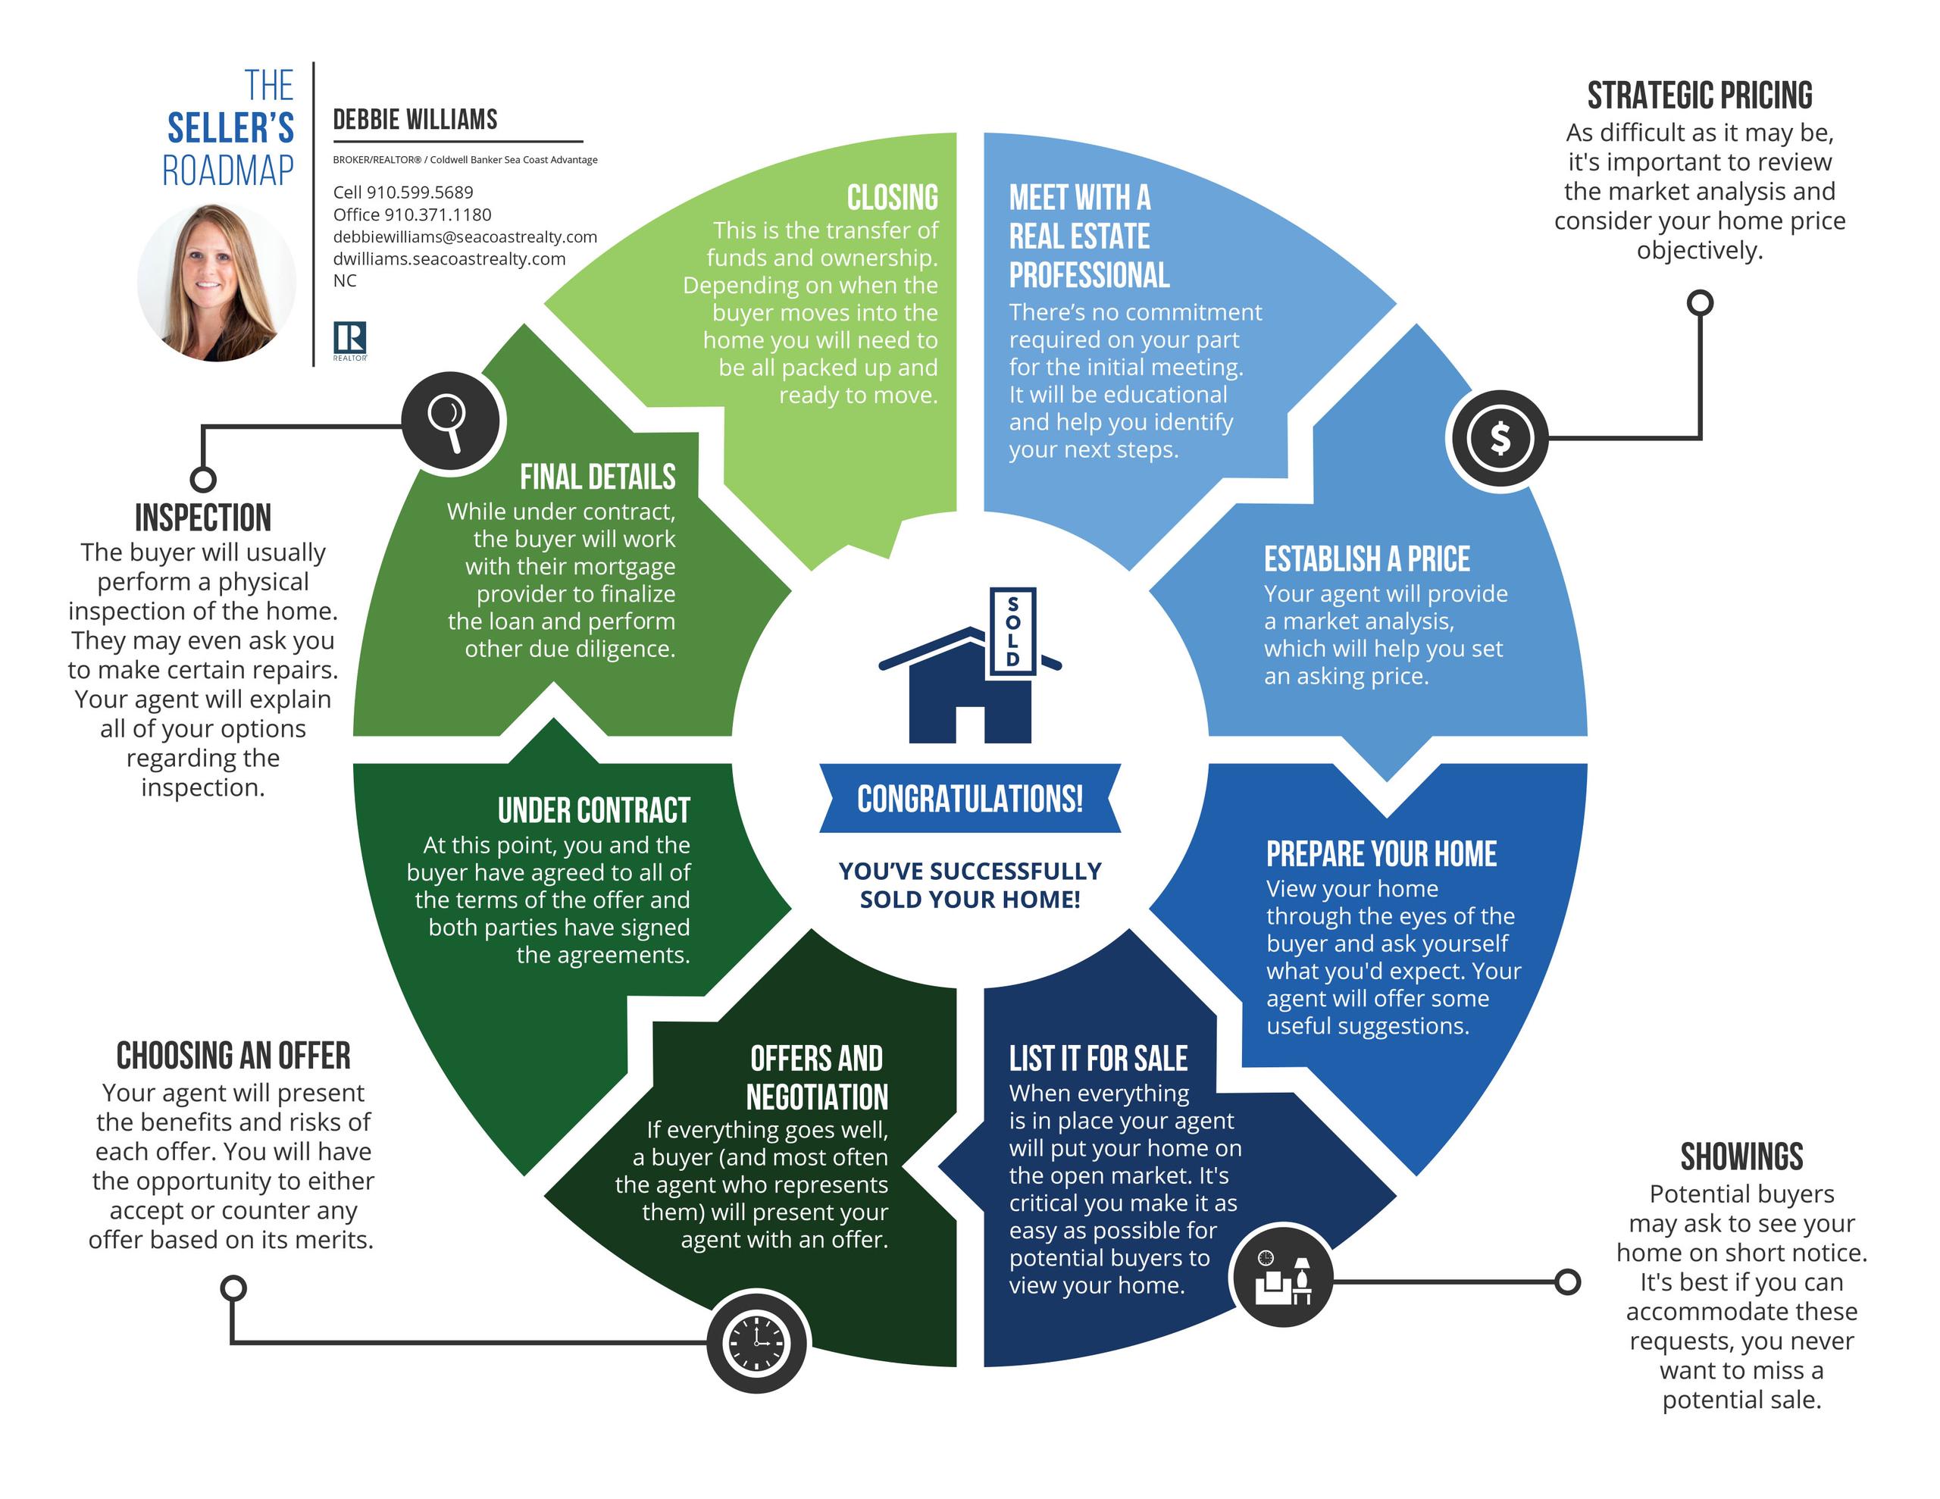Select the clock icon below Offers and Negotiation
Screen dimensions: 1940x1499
[757, 1341]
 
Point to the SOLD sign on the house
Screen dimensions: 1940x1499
[1012, 631]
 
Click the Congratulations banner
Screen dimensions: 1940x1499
[970, 798]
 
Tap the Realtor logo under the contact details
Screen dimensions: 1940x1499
[350, 340]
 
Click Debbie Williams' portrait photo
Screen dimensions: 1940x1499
[217, 283]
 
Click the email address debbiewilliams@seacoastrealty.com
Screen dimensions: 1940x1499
[465, 236]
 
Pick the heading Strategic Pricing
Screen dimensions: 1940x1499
[1699, 95]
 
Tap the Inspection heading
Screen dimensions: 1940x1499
[203, 517]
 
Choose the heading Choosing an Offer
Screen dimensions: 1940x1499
[233, 1055]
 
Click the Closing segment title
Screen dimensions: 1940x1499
[892, 196]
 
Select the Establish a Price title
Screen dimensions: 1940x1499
[1367, 559]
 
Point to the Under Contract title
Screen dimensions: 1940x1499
[593, 809]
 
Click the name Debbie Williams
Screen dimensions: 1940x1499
[415, 119]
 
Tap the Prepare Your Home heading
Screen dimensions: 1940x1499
[1381, 853]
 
